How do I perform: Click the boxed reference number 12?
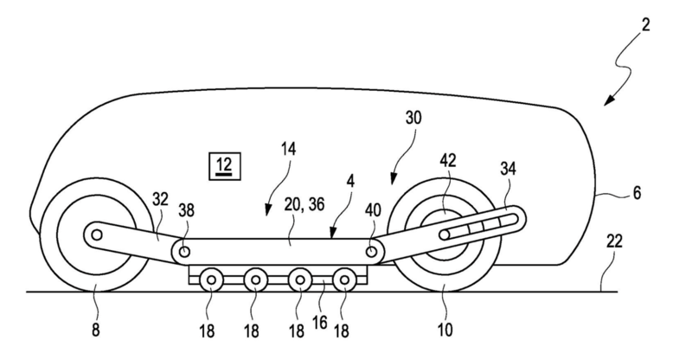225,166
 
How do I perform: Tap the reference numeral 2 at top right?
645,25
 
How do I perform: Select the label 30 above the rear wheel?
413,118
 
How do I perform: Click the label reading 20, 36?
304,204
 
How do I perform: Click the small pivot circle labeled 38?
185,252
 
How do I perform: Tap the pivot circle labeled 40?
372,252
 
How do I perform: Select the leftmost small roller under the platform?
211,280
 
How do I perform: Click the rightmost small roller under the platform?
344,280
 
